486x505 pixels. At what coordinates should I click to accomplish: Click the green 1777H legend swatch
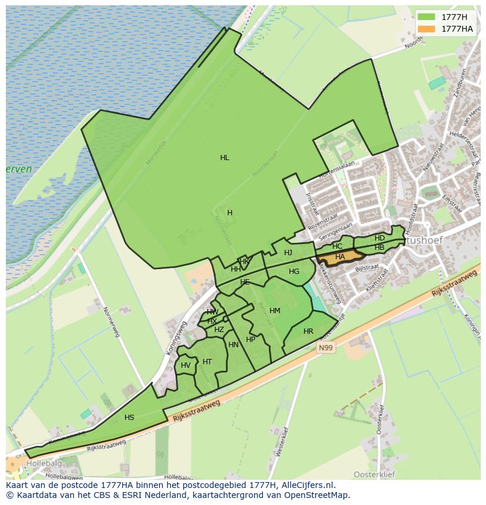click(x=427, y=17)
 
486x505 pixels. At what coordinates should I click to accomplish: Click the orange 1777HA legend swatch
click(x=427, y=29)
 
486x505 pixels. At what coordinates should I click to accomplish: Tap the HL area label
click(x=225, y=158)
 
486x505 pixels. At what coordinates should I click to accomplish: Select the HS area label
click(x=129, y=418)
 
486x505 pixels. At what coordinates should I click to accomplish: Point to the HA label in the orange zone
click(x=340, y=257)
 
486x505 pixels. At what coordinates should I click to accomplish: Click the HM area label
click(x=275, y=311)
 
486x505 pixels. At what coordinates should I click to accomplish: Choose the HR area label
click(x=308, y=331)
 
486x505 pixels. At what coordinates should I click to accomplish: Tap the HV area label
click(x=185, y=365)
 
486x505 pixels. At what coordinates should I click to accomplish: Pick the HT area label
click(x=207, y=362)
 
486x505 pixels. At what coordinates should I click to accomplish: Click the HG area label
click(x=294, y=272)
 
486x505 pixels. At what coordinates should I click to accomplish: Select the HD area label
click(x=380, y=238)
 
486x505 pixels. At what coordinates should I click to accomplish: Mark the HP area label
click(x=251, y=340)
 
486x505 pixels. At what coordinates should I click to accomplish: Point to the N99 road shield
click(x=326, y=348)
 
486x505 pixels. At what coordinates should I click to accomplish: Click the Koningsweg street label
click(x=177, y=337)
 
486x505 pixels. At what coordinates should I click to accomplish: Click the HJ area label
click(x=288, y=253)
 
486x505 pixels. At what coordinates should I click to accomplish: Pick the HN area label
click(x=234, y=345)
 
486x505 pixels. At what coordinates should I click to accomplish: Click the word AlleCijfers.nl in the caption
click(x=306, y=485)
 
